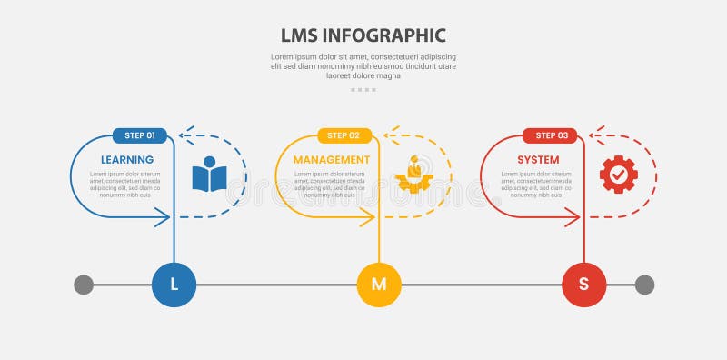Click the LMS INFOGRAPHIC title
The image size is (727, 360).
[x=363, y=35]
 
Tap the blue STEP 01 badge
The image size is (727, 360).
[x=139, y=135]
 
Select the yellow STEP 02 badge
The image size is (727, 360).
[x=344, y=135]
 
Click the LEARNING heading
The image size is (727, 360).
[x=127, y=160]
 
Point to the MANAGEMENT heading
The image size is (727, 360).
[x=332, y=160]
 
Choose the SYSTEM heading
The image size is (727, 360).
[x=538, y=160]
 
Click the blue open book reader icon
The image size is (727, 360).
[x=209, y=175]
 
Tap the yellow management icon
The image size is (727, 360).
[x=414, y=175]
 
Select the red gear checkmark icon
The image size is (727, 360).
[x=619, y=175]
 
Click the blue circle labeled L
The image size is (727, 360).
[x=174, y=285]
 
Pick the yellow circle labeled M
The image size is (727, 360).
[x=379, y=285]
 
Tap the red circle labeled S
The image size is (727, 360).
[x=584, y=285]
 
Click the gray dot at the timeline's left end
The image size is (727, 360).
[x=84, y=285]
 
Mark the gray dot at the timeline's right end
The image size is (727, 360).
[x=644, y=285]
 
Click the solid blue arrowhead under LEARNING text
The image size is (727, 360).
[x=164, y=216]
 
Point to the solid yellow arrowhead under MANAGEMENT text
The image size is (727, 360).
[x=368, y=216]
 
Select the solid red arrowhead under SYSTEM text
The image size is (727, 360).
[x=573, y=216]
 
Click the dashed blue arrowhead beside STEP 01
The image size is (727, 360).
[x=184, y=135]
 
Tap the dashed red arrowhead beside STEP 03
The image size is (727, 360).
[x=594, y=135]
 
